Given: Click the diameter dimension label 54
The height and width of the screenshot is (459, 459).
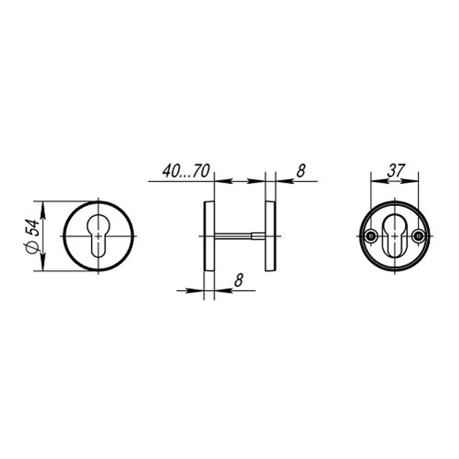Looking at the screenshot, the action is coord(33,228).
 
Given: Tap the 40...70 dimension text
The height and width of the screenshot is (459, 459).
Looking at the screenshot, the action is coord(186,171).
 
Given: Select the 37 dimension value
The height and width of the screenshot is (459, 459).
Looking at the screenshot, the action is coord(396,171).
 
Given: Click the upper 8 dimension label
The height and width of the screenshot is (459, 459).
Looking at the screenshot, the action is coord(301,171).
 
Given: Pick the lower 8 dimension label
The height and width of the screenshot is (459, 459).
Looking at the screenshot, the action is coord(239,280).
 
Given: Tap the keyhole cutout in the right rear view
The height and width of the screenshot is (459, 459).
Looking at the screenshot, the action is coord(394,236).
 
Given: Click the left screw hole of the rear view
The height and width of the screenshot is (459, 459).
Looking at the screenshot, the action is coord(371,236).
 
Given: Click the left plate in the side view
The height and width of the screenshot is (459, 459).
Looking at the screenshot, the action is coord(209,236).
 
